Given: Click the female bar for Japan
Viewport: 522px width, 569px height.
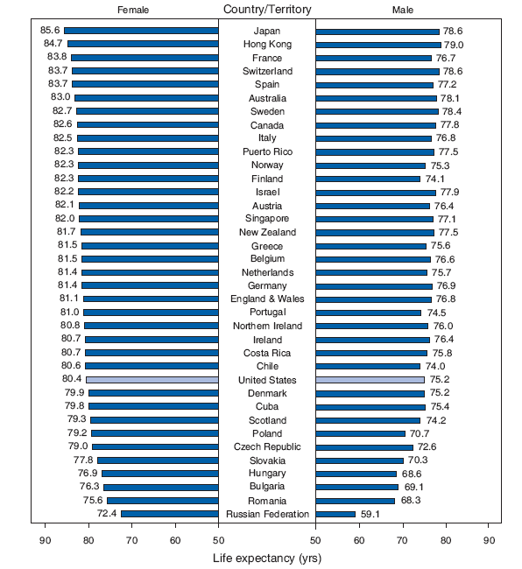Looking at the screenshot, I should (x=141, y=31).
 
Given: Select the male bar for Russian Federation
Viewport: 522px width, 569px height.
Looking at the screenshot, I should (x=335, y=514).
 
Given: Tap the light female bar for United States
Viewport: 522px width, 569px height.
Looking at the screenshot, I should (x=152, y=380).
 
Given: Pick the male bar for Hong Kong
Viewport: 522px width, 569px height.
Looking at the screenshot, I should (x=378, y=44).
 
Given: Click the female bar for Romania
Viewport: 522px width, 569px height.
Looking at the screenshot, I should (x=163, y=501).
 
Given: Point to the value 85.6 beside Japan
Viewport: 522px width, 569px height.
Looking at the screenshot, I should (x=51, y=31).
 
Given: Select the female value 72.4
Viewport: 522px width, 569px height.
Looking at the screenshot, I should (x=108, y=514).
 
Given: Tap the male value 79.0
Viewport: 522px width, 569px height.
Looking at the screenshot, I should (x=454, y=44).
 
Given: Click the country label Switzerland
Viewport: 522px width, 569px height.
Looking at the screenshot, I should (x=267, y=71).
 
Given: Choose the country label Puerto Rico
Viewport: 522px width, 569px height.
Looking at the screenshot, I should (x=267, y=151).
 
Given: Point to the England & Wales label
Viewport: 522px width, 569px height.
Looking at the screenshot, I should (x=267, y=299).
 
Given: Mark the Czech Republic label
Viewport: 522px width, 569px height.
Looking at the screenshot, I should (x=267, y=447).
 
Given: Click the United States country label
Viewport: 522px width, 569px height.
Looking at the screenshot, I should (x=267, y=380).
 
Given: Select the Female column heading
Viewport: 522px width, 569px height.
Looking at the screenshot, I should (x=132, y=10).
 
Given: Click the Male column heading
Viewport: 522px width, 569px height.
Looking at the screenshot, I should (x=404, y=10).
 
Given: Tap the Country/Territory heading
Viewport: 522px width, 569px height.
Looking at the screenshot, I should (x=266, y=10).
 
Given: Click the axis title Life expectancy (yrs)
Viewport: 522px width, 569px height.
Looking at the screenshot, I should (x=267, y=557).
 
